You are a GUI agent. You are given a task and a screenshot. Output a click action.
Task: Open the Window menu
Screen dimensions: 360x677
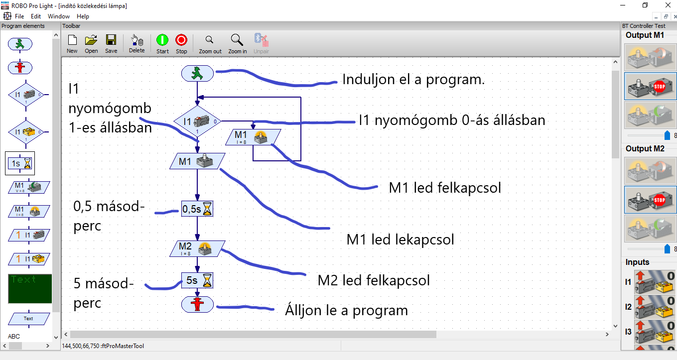pos(59,16)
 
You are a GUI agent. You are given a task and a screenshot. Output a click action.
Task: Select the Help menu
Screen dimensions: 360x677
pos(83,16)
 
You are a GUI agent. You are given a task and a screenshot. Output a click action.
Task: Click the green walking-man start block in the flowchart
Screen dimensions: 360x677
pos(197,74)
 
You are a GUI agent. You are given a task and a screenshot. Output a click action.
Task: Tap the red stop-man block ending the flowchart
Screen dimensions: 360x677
pos(197,304)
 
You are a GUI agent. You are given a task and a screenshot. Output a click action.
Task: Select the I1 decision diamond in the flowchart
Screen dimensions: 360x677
pos(197,121)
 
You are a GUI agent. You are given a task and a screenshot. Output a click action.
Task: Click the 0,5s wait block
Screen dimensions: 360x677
pos(197,209)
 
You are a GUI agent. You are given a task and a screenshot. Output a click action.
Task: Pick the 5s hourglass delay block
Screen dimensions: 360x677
pos(197,280)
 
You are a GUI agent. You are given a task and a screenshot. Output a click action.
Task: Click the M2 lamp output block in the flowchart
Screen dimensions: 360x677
pos(197,248)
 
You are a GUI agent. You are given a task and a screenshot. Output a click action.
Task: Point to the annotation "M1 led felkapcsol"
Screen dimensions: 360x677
pos(444,188)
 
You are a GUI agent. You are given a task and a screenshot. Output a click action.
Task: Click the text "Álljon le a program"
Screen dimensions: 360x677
pos(346,311)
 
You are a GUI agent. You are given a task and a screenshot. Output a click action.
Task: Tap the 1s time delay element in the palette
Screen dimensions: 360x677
pos(20,163)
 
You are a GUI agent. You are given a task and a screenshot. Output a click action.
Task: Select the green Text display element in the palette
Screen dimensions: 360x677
pos(30,288)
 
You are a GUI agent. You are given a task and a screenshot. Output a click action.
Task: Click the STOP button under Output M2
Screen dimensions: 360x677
pos(651,200)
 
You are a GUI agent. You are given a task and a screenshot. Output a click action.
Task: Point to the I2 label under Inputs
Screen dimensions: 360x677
pos(628,307)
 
